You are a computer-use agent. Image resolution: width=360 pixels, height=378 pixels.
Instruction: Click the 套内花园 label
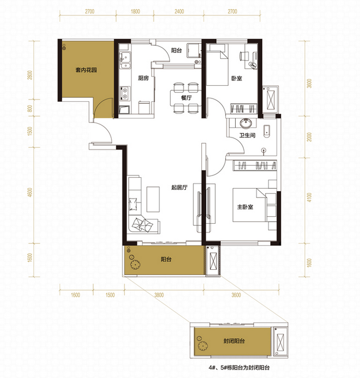pyautogui.click(x=86, y=70)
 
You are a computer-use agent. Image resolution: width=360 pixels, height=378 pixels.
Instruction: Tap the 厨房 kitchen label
pyautogui.click(x=143, y=78)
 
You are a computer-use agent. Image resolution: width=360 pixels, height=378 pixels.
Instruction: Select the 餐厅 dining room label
pyautogui.click(x=186, y=98)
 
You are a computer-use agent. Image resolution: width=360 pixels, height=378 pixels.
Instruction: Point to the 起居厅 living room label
pyautogui.click(x=179, y=188)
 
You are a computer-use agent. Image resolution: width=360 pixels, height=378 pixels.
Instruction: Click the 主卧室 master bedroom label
pyautogui.click(x=245, y=207)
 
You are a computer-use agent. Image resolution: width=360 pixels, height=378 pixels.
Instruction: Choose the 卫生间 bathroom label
pyautogui.click(x=247, y=135)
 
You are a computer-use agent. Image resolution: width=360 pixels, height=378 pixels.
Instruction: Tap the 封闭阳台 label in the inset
pyautogui.click(x=234, y=341)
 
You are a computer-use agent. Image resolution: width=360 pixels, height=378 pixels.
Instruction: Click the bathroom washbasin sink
pyautogui.click(x=246, y=123)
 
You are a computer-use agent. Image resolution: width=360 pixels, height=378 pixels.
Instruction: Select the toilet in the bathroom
pyautogui.click(x=266, y=131)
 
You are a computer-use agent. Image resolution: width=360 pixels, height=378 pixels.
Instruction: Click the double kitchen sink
pyautogui.click(x=125, y=60)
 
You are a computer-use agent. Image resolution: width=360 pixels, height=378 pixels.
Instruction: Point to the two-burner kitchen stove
pyautogui.click(x=125, y=93)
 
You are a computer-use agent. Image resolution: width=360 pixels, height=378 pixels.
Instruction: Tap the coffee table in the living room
pyautogui.click(x=153, y=199)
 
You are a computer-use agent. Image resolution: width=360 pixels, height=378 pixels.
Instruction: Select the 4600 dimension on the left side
pyautogui.click(x=30, y=192)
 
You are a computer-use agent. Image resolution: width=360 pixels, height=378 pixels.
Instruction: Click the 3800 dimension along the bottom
pyautogui.click(x=159, y=295)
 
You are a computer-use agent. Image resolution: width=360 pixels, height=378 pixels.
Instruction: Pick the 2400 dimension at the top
pyautogui.click(x=179, y=12)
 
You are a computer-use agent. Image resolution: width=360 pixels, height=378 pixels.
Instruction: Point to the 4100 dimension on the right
pyautogui.click(x=309, y=197)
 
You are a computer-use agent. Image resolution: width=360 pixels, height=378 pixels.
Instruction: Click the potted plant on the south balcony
pyautogui.click(x=135, y=264)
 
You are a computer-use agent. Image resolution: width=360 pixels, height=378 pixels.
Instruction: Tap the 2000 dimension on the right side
pyautogui.click(x=309, y=137)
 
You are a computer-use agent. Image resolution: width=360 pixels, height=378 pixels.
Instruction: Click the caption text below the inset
pyautogui.click(x=239, y=368)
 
